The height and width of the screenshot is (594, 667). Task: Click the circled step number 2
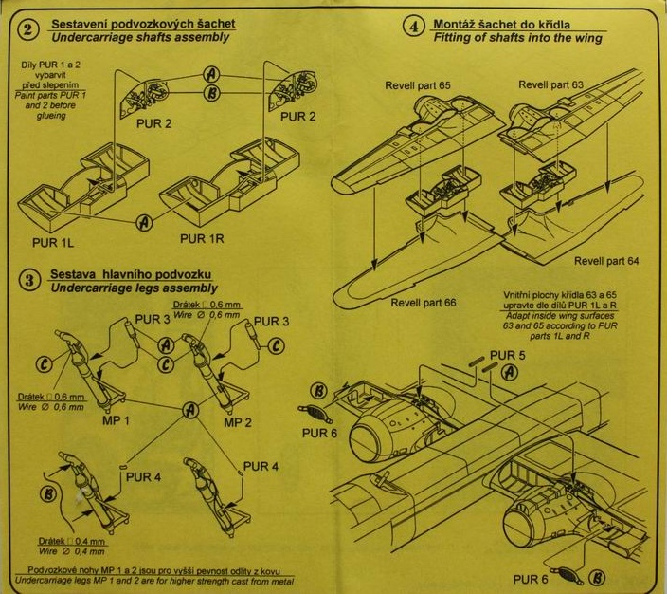[31, 29]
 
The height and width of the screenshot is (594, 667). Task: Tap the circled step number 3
[31, 280]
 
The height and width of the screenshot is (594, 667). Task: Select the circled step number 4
[414, 26]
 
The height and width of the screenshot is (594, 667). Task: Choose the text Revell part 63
[551, 85]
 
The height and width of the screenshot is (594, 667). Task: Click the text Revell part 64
[607, 260]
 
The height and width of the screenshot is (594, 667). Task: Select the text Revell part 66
[424, 302]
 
